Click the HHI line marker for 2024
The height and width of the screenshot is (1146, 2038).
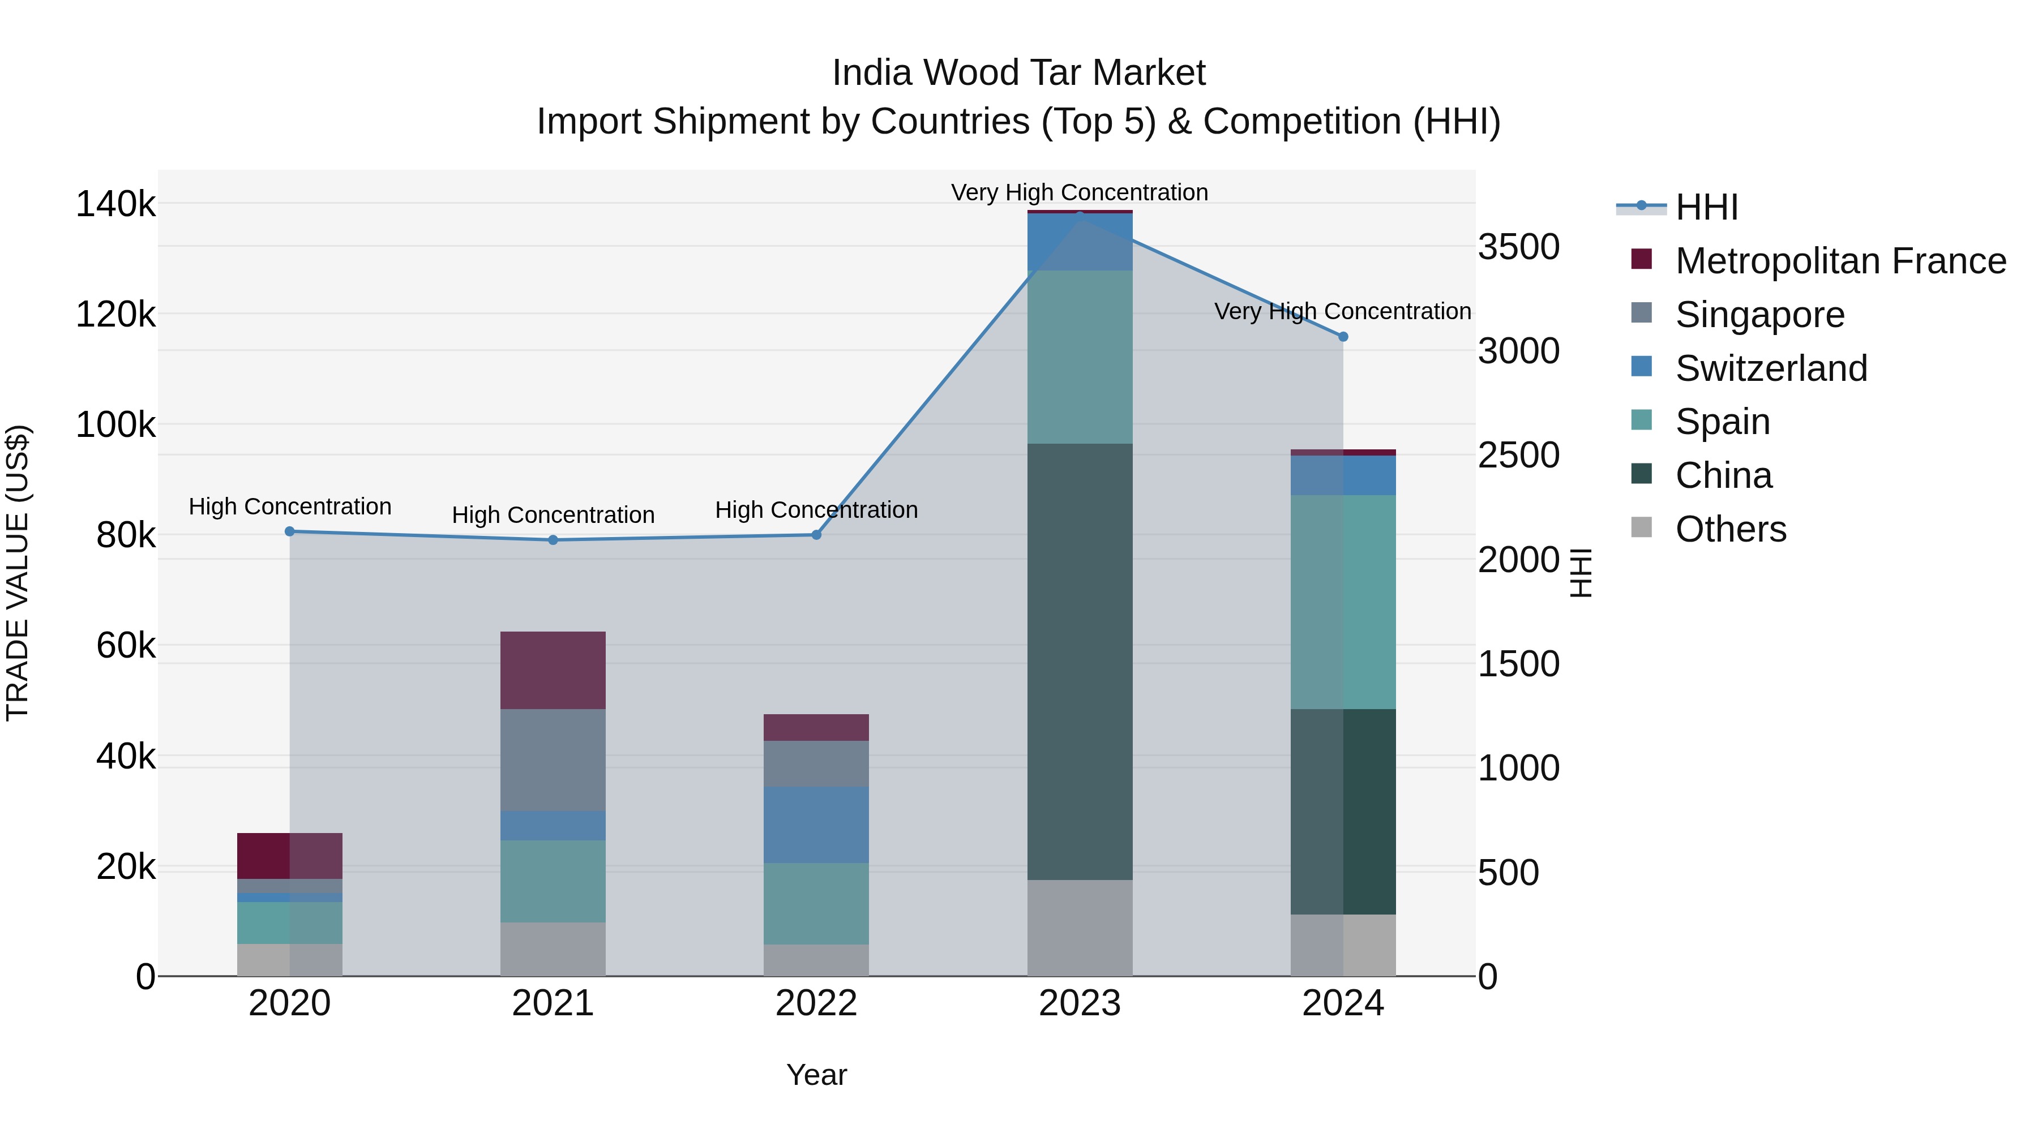[x=1343, y=337]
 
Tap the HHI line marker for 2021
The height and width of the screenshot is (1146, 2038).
[x=553, y=540]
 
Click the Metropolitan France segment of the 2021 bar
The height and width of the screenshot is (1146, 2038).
[x=553, y=670]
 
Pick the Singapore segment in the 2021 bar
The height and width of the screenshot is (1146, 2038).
[x=553, y=759]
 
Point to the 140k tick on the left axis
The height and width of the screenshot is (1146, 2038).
[x=115, y=205]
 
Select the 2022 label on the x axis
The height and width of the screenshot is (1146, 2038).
[x=816, y=1003]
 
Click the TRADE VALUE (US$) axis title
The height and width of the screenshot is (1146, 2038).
[x=18, y=573]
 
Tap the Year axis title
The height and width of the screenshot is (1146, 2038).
[x=816, y=1075]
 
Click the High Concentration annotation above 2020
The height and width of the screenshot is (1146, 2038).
[x=289, y=506]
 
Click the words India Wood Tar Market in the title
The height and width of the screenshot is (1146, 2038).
[x=1018, y=73]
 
